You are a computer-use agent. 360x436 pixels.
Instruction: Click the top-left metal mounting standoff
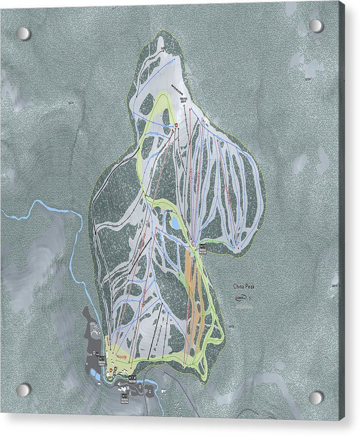(23, 33)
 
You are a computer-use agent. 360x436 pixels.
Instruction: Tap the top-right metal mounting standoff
(316, 26)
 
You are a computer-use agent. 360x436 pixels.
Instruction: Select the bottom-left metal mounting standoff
(23, 390)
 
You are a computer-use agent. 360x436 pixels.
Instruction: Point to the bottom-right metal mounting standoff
(316, 398)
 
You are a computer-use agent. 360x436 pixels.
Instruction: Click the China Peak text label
(245, 287)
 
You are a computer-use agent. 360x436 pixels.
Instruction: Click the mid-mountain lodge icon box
(203, 247)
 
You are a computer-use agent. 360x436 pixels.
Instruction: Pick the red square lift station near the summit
(175, 125)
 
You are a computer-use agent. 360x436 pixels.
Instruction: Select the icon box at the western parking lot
(102, 359)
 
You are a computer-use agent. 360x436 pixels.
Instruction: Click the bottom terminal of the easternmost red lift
(239, 249)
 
